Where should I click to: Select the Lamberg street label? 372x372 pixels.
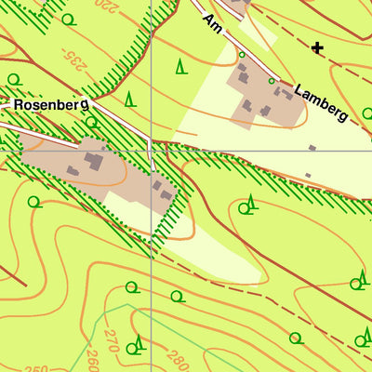321,103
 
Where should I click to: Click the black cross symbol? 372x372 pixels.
318,47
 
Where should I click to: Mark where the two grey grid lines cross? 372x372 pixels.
151,150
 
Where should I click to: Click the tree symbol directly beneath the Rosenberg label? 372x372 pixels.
90,121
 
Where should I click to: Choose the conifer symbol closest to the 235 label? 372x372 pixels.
129,98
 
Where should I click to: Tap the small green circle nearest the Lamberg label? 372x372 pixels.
272,82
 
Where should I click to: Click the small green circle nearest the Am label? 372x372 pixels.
242,55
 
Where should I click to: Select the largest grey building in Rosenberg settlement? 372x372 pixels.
94,161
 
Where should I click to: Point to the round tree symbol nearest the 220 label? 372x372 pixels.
67,19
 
